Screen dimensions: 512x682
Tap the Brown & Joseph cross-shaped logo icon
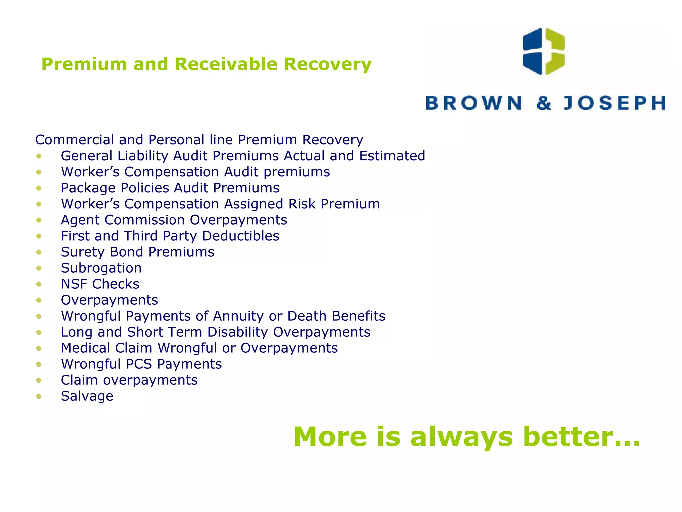click(544, 51)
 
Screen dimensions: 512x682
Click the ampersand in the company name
click(544, 103)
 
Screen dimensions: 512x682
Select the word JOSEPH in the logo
click(614, 103)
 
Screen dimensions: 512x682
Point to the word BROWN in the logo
click(474, 103)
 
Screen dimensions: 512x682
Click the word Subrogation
click(101, 268)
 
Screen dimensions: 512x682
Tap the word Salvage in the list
click(87, 396)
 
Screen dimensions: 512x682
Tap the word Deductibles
click(240, 236)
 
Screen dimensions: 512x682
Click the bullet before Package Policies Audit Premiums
click(39, 188)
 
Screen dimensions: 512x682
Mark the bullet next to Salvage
click(39, 396)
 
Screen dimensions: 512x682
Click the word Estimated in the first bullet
click(392, 156)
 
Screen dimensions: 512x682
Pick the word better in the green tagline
click(581, 436)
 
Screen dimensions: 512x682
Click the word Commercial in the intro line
click(74, 140)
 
